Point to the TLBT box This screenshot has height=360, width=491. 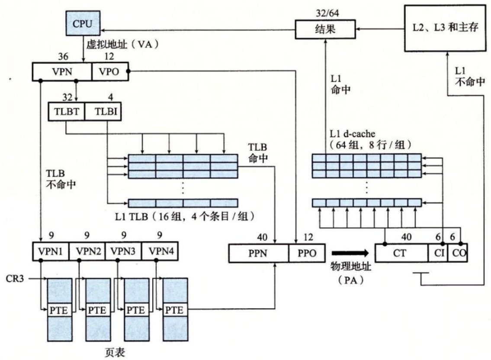(x=66, y=112)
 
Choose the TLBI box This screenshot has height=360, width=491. (x=103, y=112)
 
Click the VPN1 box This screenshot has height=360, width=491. (x=51, y=250)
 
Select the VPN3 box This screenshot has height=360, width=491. (x=123, y=250)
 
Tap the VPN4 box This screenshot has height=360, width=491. (x=160, y=250)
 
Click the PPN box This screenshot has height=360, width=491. (x=258, y=253)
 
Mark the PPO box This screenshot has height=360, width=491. (x=307, y=253)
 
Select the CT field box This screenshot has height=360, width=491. (x=401, y=253)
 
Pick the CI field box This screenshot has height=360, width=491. (x=437, y=253)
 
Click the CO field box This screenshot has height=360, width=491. (x=457, y=253)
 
